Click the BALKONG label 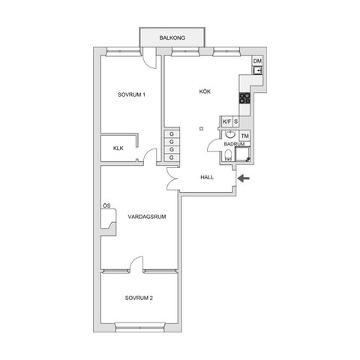pyautogui.click(x=172, y=38)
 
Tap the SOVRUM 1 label pyautogui.click(x=131, y=94)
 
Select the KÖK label pyautogui.click(x=205, y=91)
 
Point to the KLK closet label pyautogui.click(x=118, y=148)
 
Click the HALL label pyautogui.click(x=207, y=178)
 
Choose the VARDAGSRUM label pyautogui.click(x=146, y=217)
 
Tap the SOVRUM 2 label pyautogui.click(x=139, y=298)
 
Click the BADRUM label pyautogui.click(x=235, y=144)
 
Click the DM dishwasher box pyautogui.click(x=257, y=61)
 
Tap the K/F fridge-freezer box pyautogui.click(x=226, y=121)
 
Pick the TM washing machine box pyautogui.click(x=245, y=136)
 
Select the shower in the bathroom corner pyautogui.click(x=244, y=155)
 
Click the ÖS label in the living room pyautogui.click(x=106, y=206)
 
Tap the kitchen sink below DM pyautogui.click(x=257, y=72)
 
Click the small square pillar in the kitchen pyautogui.click(x=202, y=127)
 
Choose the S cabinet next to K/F pyautogui.click(x=235, y=121)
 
